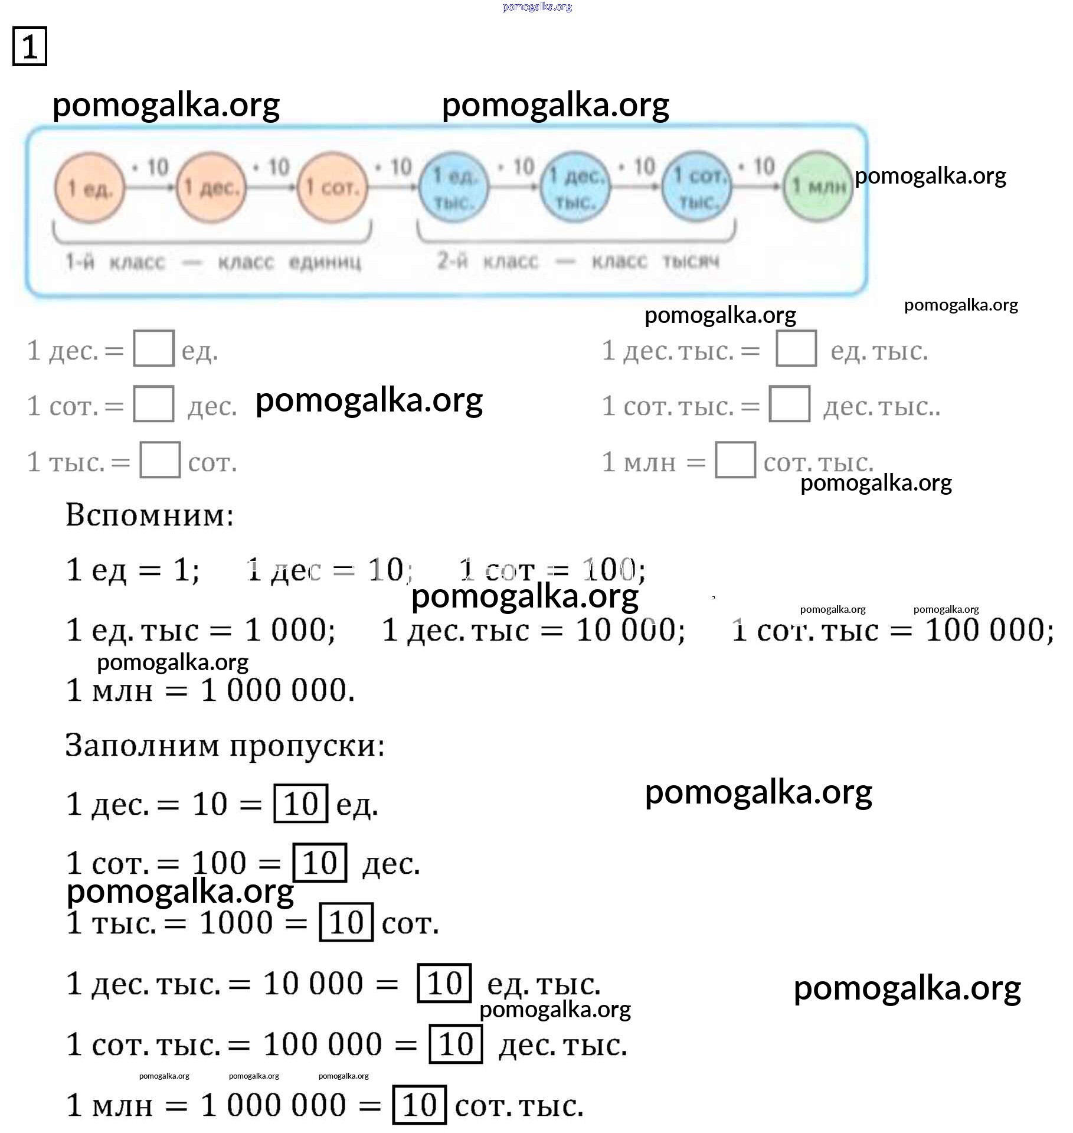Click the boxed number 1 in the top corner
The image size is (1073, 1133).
click(x=30, y=46)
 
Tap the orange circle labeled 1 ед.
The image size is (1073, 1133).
click(x=90, y=188)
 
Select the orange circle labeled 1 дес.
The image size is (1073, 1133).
click(x=212, y=188)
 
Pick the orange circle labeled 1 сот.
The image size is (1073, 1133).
click(x=333, y=188)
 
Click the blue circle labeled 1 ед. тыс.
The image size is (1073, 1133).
click(x=454, y=188)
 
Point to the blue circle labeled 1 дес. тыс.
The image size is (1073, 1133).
click(x=576, y=188)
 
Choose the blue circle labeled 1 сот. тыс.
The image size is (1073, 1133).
click(x=697, y=188)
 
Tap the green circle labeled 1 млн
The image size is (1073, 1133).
click(x=818, y=187)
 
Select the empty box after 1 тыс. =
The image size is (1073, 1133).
click(x=160, y=460)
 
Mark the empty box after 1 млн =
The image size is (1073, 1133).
click(x=735, y=460)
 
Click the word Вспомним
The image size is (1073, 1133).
click(x=149, y=515)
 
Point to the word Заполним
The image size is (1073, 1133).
click(x=142, y=745)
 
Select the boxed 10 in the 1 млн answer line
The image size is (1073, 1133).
click(x=420, y=1105)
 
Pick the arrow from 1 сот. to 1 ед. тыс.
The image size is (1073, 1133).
click(x=393, y=187)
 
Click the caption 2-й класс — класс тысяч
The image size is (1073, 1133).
click(x=578, y=260)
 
